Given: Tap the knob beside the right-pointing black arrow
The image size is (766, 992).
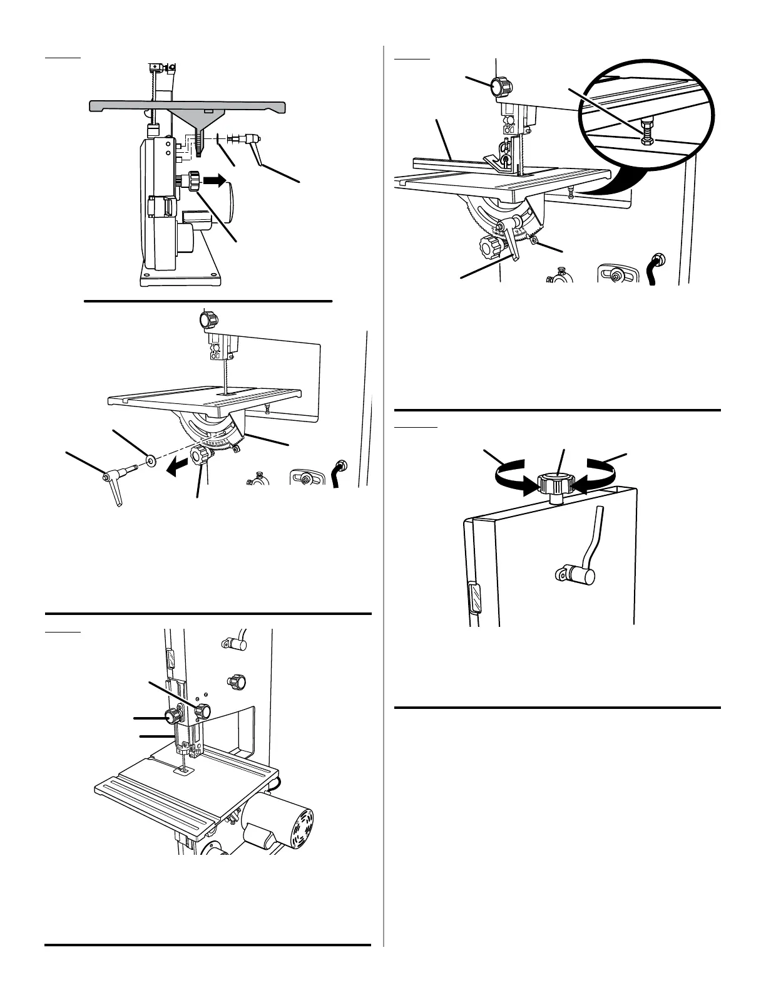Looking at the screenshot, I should (191, 181).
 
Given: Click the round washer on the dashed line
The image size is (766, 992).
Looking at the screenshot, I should (151, 461).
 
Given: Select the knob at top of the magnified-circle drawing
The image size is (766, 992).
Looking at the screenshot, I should (501, 86).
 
